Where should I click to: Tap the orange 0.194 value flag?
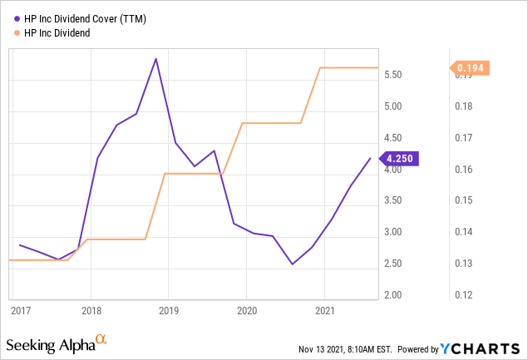pos(470,68)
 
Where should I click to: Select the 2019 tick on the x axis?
pos(169,310)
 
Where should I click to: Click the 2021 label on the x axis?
pos(325,310)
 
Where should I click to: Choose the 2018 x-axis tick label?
pos(91,310)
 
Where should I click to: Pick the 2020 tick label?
pos(247,310)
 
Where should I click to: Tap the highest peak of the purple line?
pos(155,58)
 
